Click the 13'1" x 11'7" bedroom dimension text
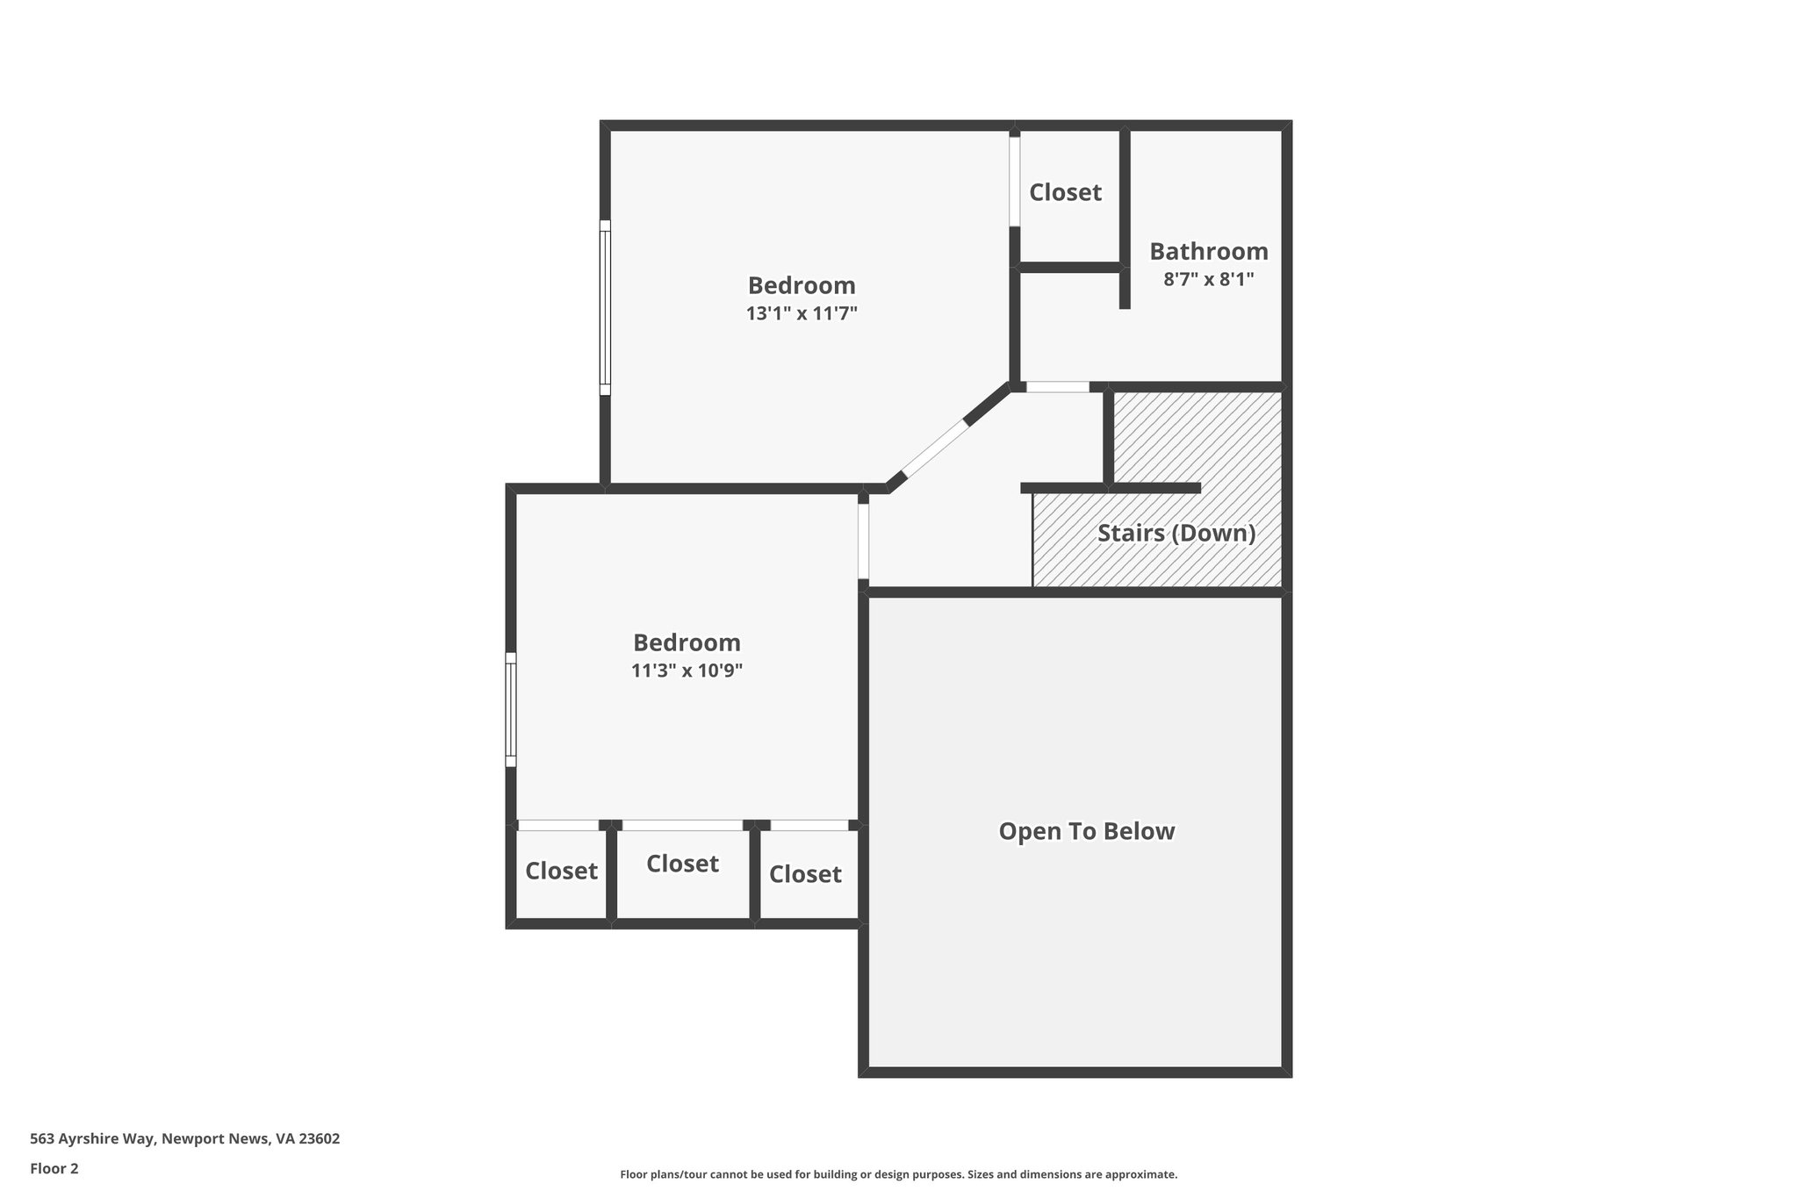801,313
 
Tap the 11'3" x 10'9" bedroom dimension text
687,671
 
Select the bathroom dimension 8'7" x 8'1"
1208,280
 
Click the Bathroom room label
1208,252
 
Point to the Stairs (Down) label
1176,533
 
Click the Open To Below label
1086,831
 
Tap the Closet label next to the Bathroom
1065,192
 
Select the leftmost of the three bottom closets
561,871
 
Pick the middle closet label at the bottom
682,864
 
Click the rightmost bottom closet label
805,874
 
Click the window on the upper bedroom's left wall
605,307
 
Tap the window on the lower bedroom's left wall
510,709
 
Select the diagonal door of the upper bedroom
935,448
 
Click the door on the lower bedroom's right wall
863,541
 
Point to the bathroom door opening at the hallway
1057,387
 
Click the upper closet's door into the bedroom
1014,181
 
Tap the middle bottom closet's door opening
682,825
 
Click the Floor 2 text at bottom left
54,1168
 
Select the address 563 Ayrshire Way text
184,1138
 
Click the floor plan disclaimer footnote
898,1174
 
